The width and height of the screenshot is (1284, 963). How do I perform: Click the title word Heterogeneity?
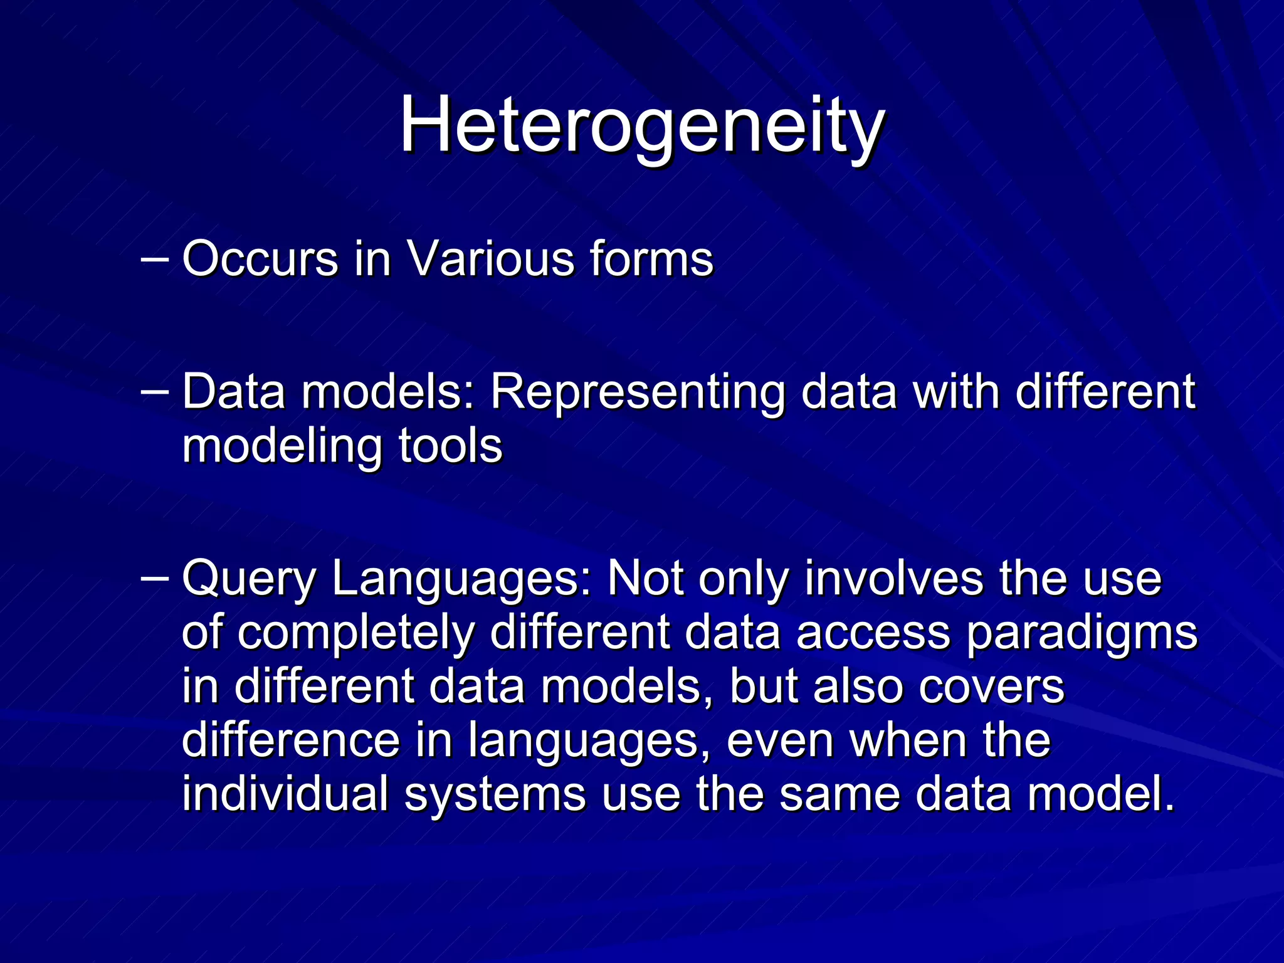[x=642, y=125]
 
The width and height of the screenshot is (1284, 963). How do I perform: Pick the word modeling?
[x=282, y=446]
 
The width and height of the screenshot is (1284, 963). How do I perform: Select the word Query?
[x=248, y=579]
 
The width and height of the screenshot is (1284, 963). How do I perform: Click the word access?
[x=873, y=633]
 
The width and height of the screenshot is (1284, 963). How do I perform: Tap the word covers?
[x=992, y=686]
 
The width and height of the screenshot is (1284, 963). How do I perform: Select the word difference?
[x=291, y=740]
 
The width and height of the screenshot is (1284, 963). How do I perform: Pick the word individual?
[x=285, y=794]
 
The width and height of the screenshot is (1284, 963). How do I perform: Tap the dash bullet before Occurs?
[x=154, y=258]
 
